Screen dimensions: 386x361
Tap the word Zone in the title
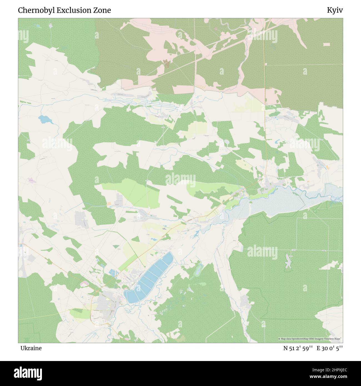[x=103, y=10]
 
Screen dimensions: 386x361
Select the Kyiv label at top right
[x=335, y=10]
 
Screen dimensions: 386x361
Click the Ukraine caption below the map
[x=31, y=348]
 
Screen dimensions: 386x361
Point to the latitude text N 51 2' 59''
[x=298, y=348]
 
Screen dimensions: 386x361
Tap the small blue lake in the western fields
[x=44, y=119]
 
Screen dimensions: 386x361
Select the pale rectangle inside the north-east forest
[x=327, y=44]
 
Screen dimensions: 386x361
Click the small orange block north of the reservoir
[x=328, y=168]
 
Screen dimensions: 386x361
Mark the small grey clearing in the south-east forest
[x=288, y=261]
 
